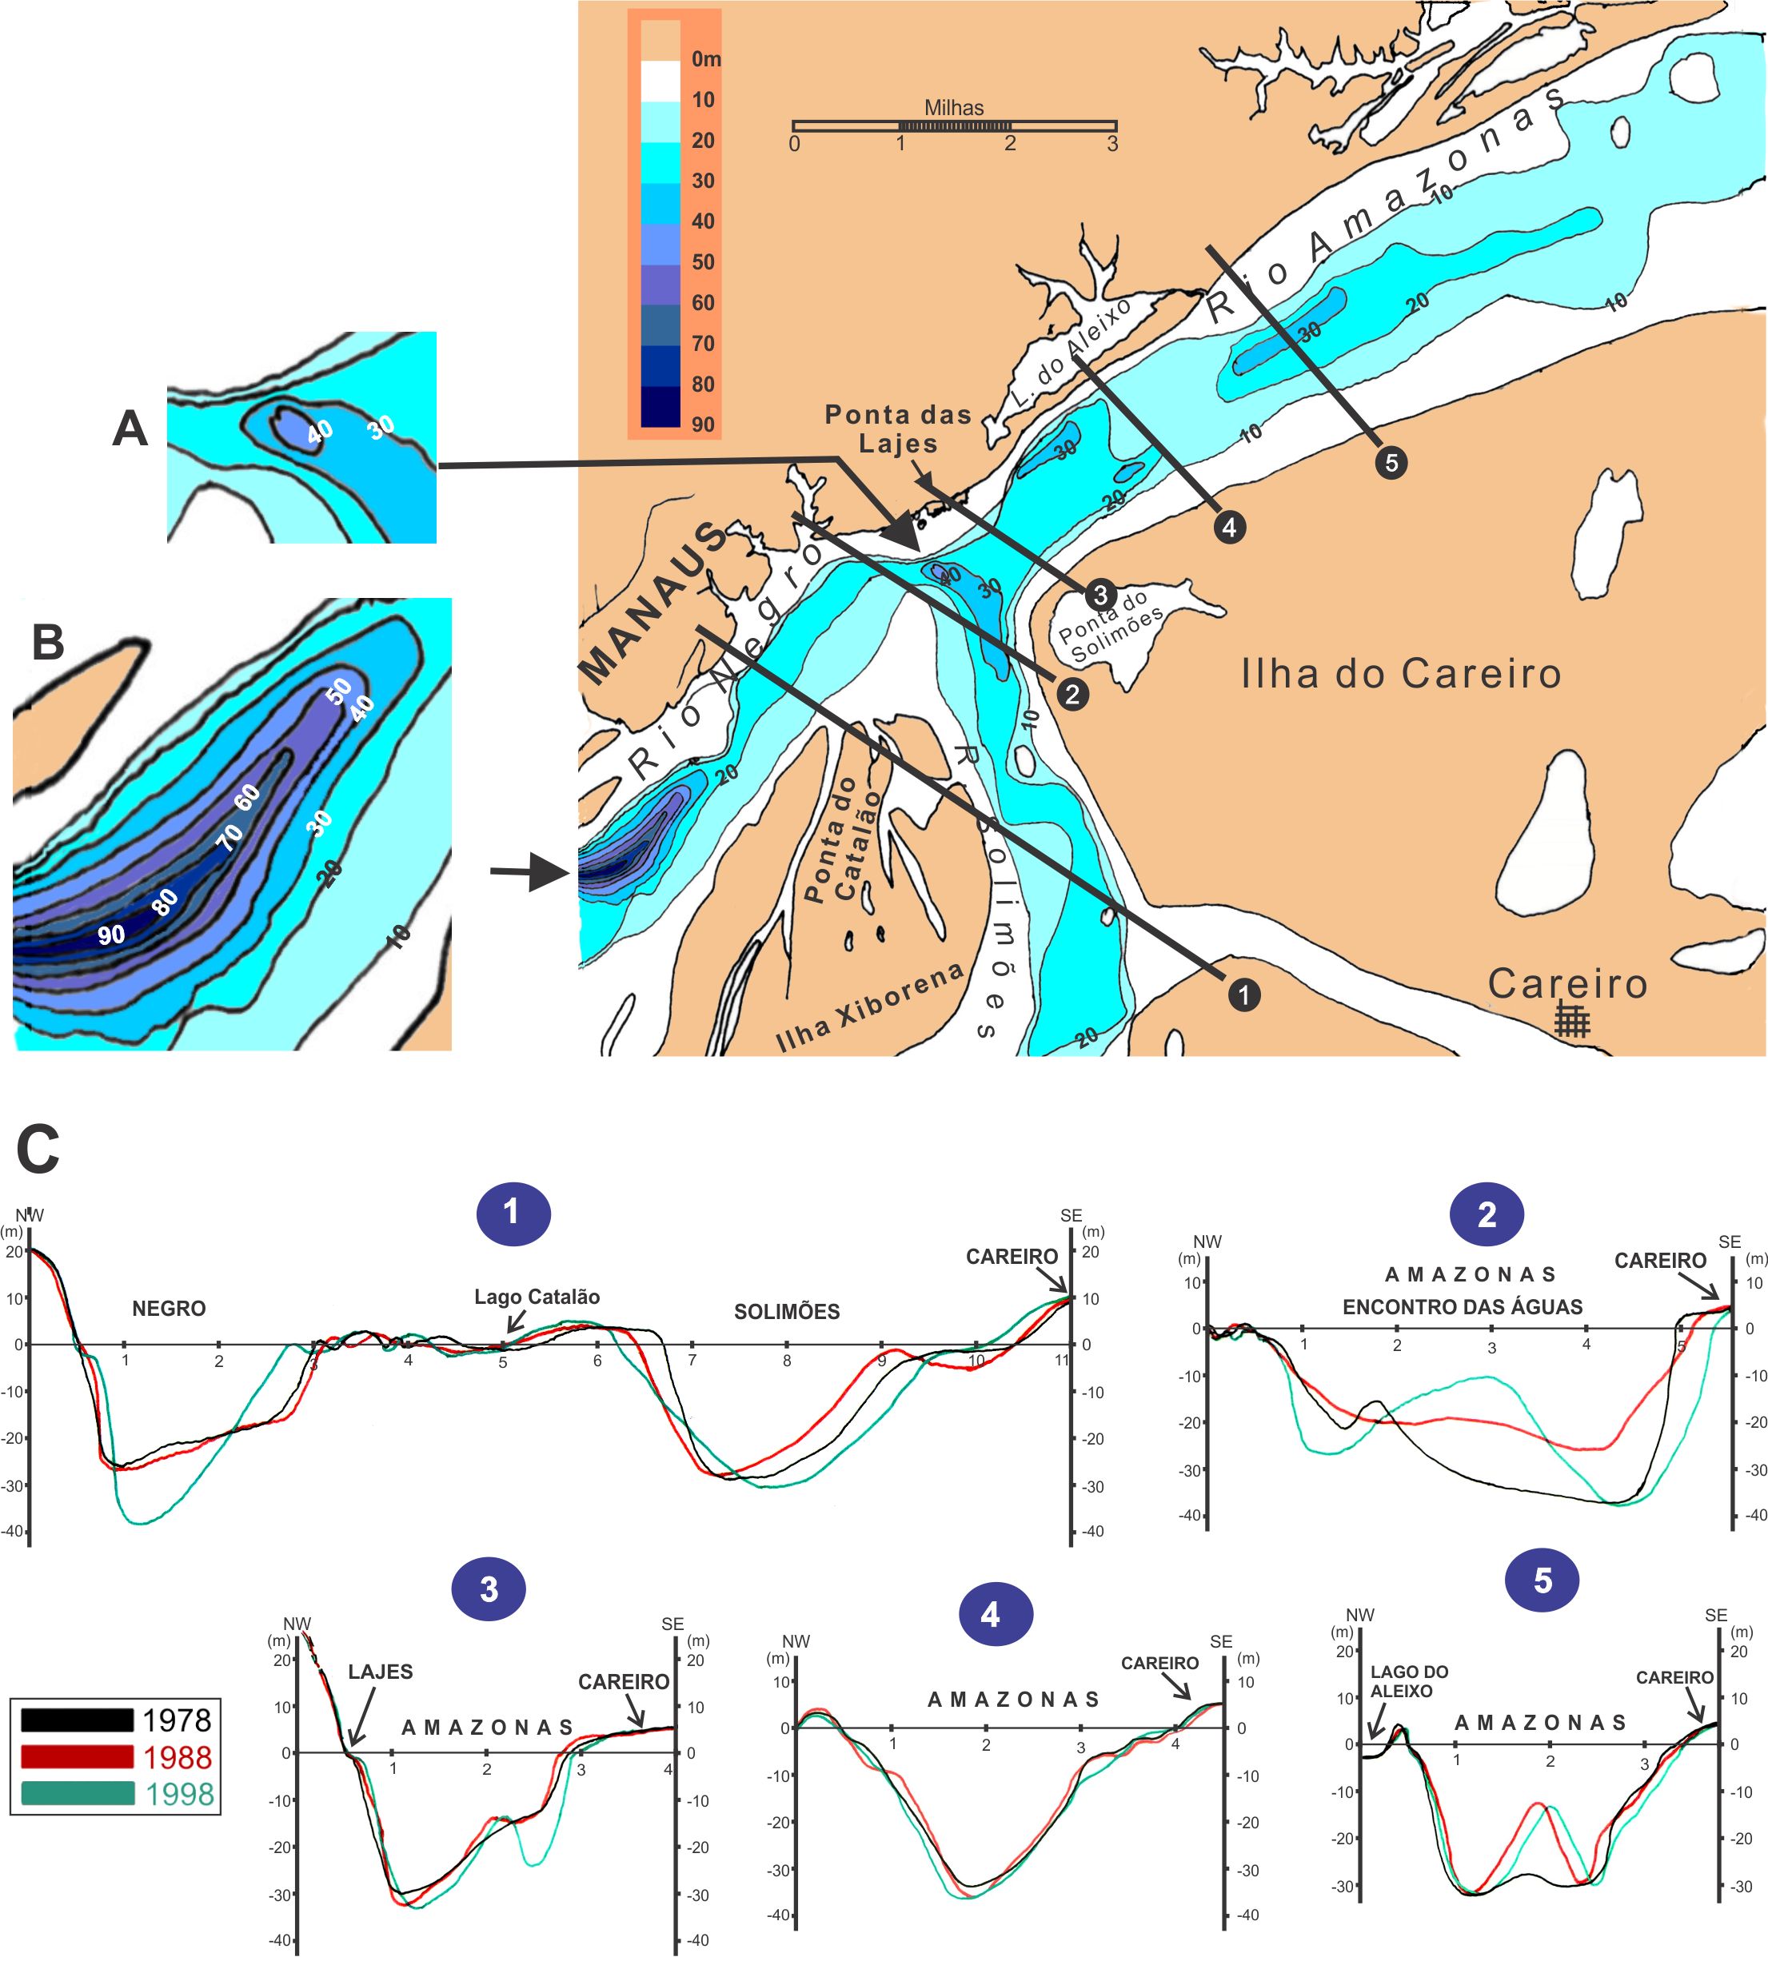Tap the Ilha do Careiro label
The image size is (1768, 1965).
tap(1401, 673)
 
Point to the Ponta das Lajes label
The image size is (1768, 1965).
tap(898, 428)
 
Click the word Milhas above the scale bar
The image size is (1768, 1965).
tap(953, 108)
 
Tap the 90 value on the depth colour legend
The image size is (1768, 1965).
tap(702, 424)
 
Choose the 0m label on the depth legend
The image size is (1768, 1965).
tap(705, 59)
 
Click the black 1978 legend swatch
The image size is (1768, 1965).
tap(77, 1720)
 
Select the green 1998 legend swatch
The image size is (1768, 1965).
tap(77, 1794)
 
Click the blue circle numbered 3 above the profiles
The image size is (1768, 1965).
tap(489, 1589)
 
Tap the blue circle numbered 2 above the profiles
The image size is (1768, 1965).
tap(1487, 1214)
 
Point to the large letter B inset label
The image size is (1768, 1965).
tap(48, 642)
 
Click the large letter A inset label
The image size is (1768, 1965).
tap(130, 428)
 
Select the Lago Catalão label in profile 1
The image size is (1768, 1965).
tap(537, 1297)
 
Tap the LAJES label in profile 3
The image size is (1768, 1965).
tap(380, 1672)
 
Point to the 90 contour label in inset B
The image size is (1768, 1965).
tap(110, 935)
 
